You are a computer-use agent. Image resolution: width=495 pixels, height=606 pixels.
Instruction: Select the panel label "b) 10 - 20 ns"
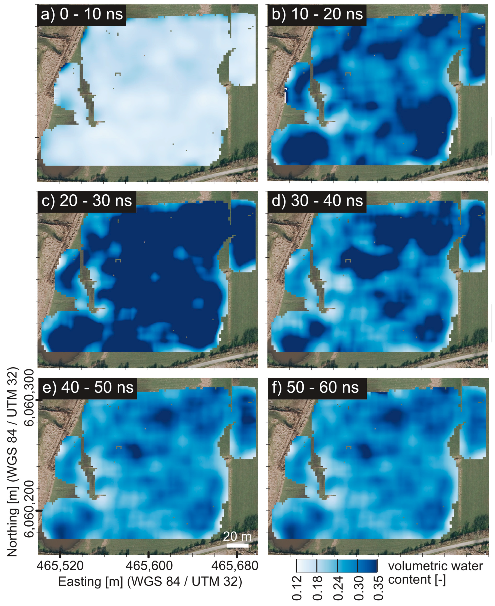coord(317,14)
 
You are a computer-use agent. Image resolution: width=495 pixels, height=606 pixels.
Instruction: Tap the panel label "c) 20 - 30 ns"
coord(87,201)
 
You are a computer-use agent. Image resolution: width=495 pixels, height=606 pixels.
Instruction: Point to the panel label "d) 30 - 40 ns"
coord(317,201)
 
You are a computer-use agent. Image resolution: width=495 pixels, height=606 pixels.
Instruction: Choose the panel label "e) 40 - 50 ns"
coord(88,388)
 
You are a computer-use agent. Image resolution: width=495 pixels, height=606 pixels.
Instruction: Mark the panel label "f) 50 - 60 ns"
coord(315,388)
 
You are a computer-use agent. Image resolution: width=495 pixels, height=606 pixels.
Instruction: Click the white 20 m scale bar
coord(237,546)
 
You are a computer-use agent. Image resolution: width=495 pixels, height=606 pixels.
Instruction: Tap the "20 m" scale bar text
coord(237,537)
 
